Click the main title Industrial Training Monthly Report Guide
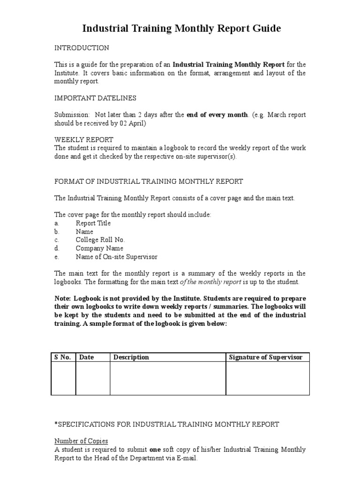(181, 29)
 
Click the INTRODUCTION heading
(82, 48)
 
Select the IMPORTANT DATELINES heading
(96, 97)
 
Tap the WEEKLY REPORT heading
(83, 140)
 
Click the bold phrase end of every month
(217, 115)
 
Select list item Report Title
(93, 223)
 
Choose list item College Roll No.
(100, 240)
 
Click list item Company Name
(99, 248)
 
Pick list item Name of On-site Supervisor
(117, 257)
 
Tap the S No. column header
(62, 357)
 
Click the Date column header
(87, 357)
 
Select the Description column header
(131, 357)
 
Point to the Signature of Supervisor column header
(265, 357)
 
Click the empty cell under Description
(168, 378)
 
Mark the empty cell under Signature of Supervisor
(268, 378)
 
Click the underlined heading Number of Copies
(81, 441)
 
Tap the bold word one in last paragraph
(155, 450)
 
